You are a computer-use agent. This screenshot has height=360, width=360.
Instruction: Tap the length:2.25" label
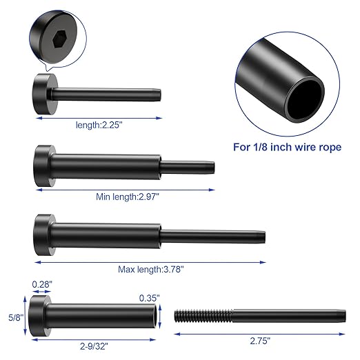tap(99, 126)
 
